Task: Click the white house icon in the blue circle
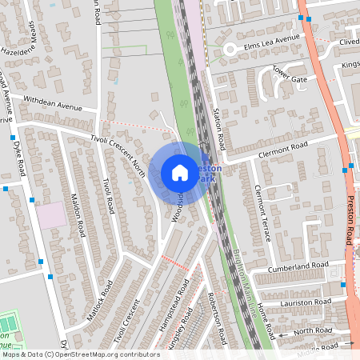(180, 173)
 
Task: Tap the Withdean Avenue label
(53, 103)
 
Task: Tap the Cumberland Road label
(298, 266)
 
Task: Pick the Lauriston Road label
(305, 302)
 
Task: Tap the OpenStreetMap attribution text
(80, 354)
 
